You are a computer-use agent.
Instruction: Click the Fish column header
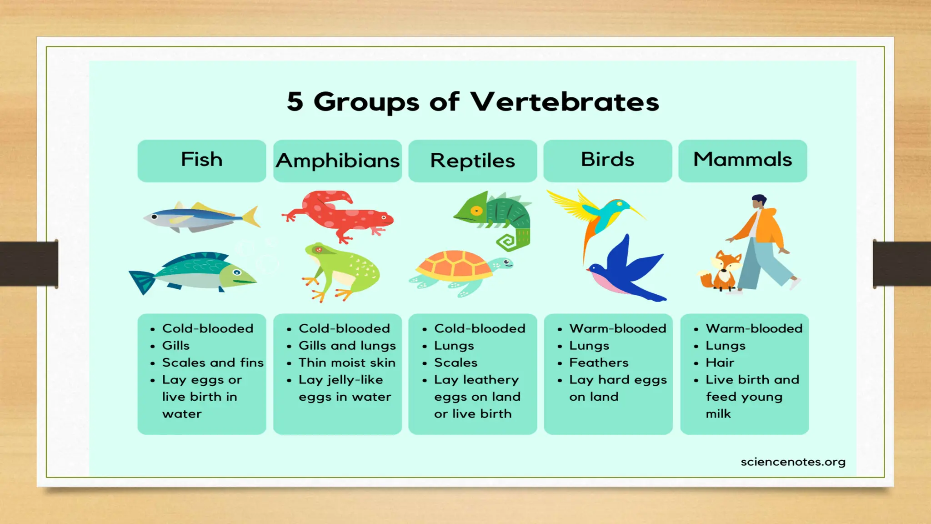point(201,160)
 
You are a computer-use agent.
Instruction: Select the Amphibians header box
point(337,161)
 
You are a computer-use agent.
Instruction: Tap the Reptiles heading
point(472,161)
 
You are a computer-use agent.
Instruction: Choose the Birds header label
point(607,160)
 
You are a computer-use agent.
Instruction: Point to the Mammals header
point(742,160)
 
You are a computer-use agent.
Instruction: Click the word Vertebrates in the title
point(564,102)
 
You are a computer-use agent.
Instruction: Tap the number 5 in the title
point(295,102)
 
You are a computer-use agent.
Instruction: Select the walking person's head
point(759,201)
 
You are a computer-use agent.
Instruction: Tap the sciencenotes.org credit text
point(793,462)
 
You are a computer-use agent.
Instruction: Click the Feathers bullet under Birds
point(599,363)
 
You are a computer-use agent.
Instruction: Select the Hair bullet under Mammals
point(720,363)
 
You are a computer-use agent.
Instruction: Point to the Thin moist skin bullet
point(347,363)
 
